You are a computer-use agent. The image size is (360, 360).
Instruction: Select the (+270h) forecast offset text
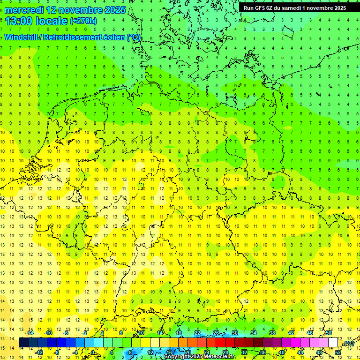click(x=83, y=21)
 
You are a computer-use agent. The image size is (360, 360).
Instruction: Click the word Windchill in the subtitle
click(x=21, y=37)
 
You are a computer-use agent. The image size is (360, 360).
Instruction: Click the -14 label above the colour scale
click(x=30, y=333)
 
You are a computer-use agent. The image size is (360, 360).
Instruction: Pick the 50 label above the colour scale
click(x=329, y=333)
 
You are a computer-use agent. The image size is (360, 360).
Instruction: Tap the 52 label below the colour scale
click(x=338, y=352)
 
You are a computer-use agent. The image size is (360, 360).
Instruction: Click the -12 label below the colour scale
click(x=39, y=352)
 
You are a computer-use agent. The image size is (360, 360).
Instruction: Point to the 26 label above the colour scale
click(x=216, y=333)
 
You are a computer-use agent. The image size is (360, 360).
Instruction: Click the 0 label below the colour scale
click(x=93, y=352)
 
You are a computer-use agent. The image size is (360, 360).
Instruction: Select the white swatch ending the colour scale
click(x=333, y=343)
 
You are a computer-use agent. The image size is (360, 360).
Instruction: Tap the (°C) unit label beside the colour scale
click(x=349, y=344)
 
